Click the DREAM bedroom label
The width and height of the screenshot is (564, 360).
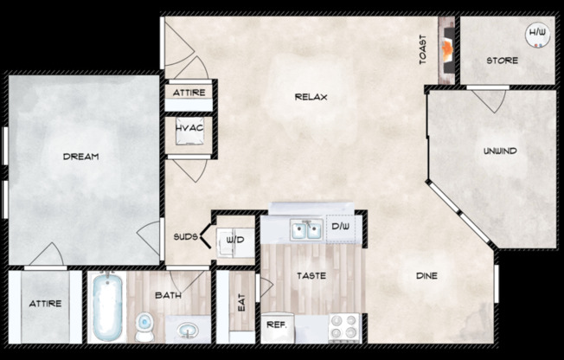coord(80,157)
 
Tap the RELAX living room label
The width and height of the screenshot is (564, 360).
coord(311,96)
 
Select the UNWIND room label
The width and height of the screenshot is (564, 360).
coord(500,151)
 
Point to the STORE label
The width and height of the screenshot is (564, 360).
coord(502,61)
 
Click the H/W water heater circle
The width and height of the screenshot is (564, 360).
coord(537,35)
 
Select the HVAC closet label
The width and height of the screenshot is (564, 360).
coord(189,128)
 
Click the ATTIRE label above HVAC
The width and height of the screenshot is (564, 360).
coord(188,92)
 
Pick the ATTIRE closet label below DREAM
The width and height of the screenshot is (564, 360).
coord(44,305)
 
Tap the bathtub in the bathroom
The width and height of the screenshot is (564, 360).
coord(107,308)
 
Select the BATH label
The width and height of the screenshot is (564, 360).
coord(167,296)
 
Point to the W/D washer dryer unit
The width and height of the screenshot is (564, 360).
coord(234,241)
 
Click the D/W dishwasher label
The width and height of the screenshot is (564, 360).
coord(339,228)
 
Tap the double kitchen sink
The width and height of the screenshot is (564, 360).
coord(306,228)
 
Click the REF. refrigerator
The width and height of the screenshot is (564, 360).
coord(276,325)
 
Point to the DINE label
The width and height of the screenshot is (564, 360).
coord(426,276)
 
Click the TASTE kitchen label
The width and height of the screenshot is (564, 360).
coord(311,277)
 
